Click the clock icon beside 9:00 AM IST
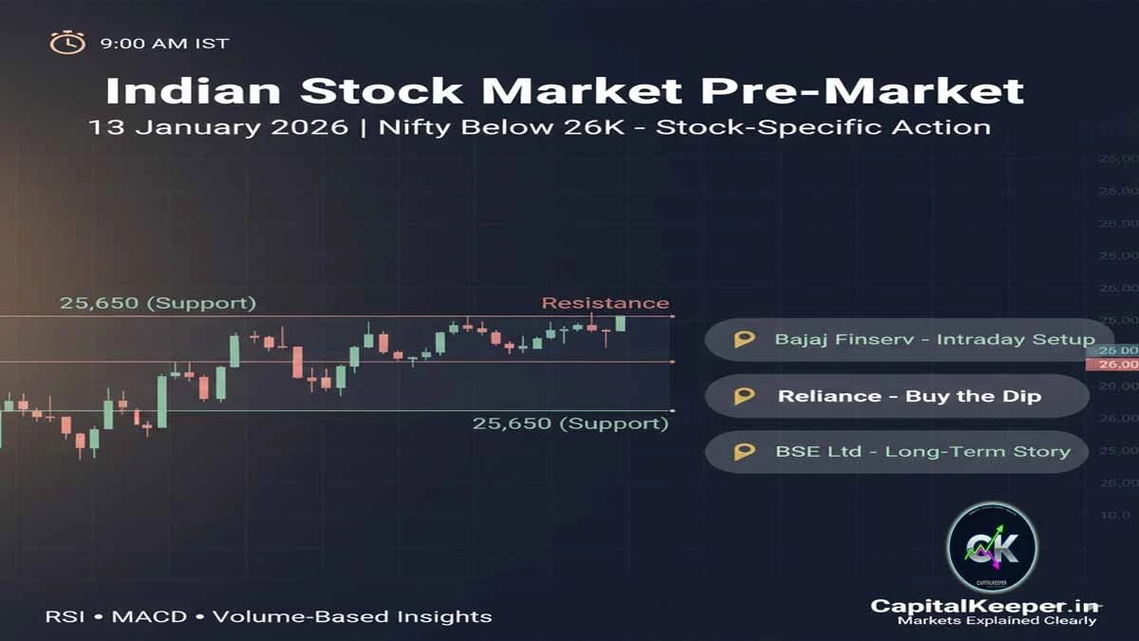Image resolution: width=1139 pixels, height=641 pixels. coord(67,43)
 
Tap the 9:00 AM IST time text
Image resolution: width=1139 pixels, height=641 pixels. coord(164,44)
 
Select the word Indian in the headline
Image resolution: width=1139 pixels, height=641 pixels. coord(193,90)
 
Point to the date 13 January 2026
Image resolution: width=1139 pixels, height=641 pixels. coord(218,126)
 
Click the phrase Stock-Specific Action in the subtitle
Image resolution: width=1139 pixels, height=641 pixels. coord(823,126)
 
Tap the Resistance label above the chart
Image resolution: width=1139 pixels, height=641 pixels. coord(605,303)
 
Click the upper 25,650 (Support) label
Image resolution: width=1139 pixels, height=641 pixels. coord(158,303)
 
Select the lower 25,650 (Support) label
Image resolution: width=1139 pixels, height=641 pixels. coord(570,424)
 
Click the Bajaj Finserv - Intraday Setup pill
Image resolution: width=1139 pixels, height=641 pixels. coord(896,339)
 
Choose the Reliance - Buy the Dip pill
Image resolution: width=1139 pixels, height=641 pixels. coord(896,396)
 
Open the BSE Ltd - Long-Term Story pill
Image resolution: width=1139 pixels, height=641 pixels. coord(896,452)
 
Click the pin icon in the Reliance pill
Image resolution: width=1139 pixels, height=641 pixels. coord(745,396)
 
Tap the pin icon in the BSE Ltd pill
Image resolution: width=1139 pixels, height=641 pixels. coord(745,452)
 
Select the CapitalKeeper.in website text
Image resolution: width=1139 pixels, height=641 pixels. coord(984,606)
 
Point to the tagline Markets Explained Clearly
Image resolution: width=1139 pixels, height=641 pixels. coord(997,621)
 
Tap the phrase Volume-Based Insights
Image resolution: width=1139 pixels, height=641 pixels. coord(352,616)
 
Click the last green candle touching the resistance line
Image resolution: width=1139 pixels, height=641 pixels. coord(621,323)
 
